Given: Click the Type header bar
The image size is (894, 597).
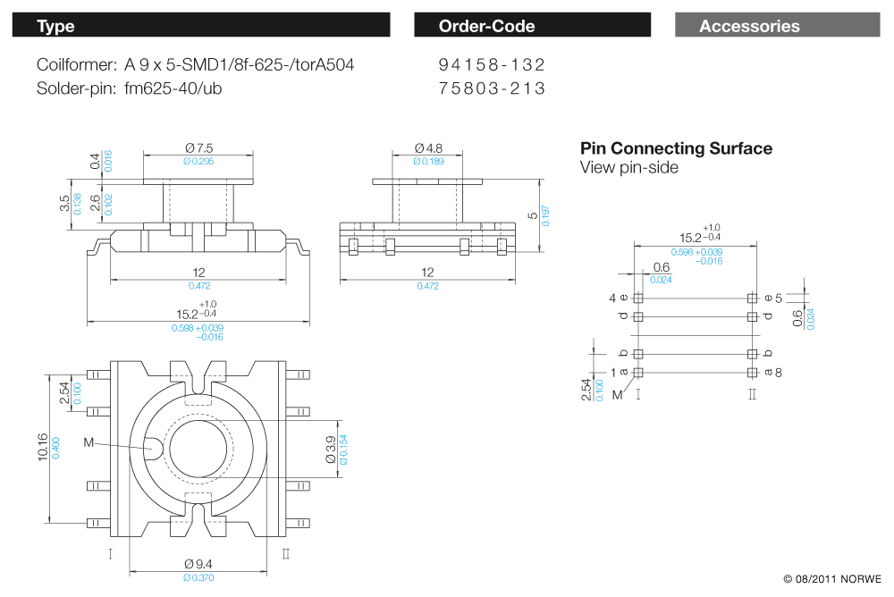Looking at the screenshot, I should (200, 26).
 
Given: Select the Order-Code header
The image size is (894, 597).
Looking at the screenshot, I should (532, 26).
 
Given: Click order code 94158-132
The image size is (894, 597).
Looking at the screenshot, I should (491, 65).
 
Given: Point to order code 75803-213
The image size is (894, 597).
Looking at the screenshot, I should (491, 88).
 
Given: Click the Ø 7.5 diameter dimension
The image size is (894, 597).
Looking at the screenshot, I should (198, 148).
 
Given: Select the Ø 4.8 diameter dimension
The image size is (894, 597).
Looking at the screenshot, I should (428, 147).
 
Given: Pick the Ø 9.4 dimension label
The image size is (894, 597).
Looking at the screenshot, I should (198, 564).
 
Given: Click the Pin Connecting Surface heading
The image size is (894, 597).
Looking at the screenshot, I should (676, 148).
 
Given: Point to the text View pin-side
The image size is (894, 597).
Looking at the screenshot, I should (628, 168).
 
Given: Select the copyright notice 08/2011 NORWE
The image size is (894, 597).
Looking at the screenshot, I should (832, 579).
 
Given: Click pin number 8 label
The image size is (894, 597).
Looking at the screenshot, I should (779, 373).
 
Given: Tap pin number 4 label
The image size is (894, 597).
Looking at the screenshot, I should (612, 298).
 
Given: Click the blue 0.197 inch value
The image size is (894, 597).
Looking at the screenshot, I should (546, 215).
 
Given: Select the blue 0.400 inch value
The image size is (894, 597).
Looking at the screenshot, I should (55, 447).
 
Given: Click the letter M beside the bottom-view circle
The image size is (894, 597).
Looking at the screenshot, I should (88, 441).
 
